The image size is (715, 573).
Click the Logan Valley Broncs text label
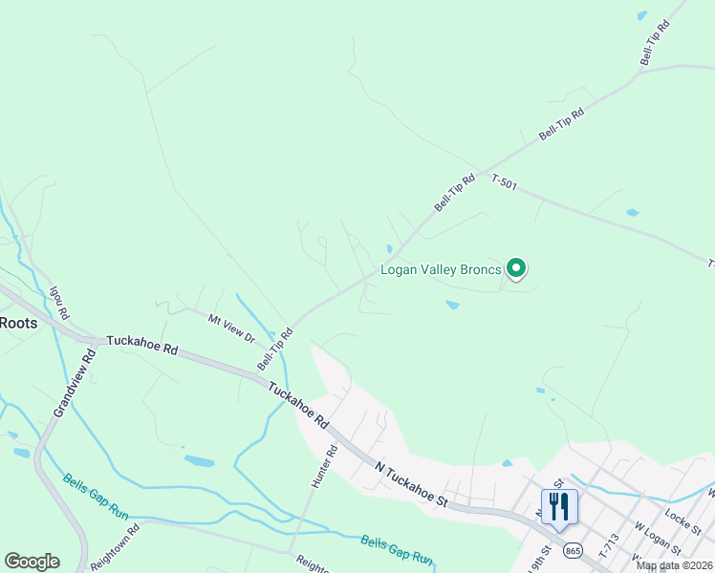tap(441, 270)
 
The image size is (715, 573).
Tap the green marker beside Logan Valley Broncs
tap(516, 269)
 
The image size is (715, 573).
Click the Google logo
tap(32, 562)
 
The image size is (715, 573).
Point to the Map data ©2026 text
tap(674, 565)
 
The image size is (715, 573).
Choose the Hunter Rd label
tap(324, 466)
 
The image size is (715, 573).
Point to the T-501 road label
tap(504, 181)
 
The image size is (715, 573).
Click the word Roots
tap(18, 323)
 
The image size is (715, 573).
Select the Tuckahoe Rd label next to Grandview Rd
tap(142, 344)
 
